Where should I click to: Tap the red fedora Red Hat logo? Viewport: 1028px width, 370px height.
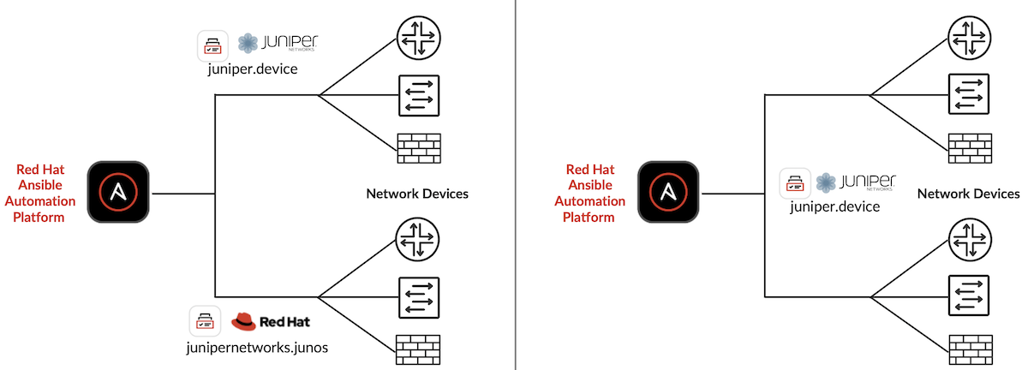click(244, 322)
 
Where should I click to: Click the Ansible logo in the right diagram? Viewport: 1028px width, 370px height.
click(669, 193)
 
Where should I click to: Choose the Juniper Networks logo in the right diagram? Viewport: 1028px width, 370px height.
click(855, 182)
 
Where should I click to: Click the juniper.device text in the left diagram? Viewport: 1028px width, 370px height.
click(252, 69)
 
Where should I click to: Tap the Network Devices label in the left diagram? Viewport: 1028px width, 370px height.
click(417, 194)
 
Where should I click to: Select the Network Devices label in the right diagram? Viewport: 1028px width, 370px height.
click(968, 194)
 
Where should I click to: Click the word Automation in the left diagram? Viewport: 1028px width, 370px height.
click(39, 202)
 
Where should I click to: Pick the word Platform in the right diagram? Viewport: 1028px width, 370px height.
click(589, 217)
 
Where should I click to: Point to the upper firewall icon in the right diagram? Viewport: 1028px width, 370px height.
click(970, 149)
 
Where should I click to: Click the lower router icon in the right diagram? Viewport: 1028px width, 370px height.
click(970, 241)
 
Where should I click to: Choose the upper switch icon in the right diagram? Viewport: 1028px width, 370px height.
click(970, 94)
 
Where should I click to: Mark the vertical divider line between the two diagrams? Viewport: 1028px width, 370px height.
click(515, 185)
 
